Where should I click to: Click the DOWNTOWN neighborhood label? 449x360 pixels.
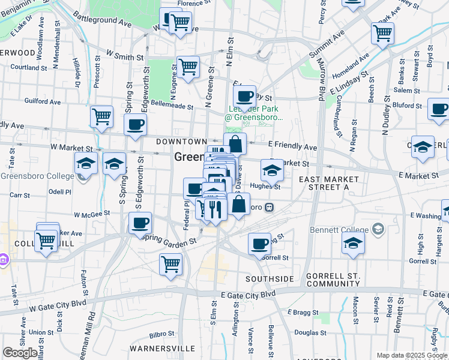[181, 142]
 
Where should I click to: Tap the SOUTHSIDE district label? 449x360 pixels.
[270, 279]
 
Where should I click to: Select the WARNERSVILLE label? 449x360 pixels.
[166, 348]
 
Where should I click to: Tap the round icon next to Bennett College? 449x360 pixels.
[378, 229]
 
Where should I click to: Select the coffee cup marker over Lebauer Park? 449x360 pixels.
[245, 97]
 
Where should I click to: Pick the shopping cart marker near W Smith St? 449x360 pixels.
[188, 67]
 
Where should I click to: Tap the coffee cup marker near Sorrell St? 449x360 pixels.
[260, 244]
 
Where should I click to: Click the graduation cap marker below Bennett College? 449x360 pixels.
[354, 244]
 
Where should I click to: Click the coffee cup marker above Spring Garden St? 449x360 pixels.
[140, 223]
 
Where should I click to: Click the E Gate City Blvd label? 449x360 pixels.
[248, 295]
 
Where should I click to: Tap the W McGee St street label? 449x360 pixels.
[92, 213]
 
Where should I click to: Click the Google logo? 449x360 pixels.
[20, 353]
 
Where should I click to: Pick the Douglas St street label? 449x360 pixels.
[310, 332]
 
